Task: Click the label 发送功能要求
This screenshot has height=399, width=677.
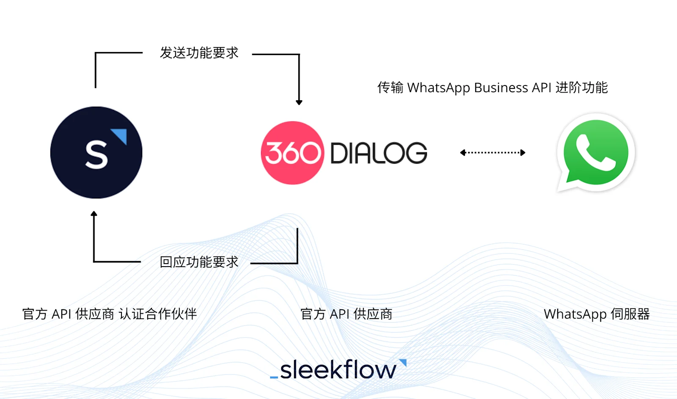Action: click(199, 53)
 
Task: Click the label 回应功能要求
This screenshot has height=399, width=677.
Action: click(199, 262)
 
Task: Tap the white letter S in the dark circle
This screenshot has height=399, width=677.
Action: click(96, 155)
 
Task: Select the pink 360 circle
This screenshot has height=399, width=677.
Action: click(292, 153)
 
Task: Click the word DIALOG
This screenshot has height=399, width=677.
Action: click(378, 153)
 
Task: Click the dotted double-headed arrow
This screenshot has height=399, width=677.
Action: click(493, 153)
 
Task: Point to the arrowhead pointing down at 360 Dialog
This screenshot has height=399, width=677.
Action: click(299, 102)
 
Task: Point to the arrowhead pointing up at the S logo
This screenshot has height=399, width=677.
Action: click(94, 214)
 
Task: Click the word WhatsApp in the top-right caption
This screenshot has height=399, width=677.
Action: click(438, 88)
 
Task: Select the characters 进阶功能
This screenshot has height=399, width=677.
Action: click(581, 88)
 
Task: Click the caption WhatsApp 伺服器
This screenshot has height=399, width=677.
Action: click(597, 314)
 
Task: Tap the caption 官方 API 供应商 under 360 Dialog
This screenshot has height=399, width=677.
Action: click(346, 314)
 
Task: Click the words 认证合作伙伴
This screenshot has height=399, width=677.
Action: click(158, 314)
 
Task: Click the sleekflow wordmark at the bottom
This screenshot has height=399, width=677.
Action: click(338, 370)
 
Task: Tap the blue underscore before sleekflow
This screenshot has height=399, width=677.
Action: click(274, 377)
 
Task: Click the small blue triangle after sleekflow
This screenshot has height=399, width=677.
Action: click(403, 363)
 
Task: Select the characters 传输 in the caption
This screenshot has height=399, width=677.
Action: click(390, 88)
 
